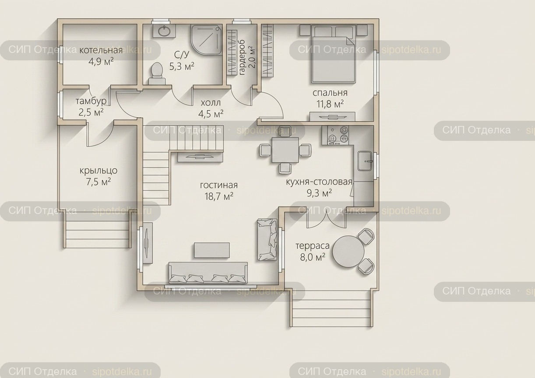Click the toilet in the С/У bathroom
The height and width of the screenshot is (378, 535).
[157, 73]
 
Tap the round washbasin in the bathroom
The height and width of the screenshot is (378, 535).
[164, 31]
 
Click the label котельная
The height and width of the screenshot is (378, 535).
[101, 50]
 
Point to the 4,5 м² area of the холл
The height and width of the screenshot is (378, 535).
[211, 114]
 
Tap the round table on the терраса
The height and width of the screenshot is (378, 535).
[348, 251]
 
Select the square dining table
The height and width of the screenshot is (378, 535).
[285, 150]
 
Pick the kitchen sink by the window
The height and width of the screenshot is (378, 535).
[365, 161]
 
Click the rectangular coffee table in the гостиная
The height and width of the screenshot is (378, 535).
[212, 250]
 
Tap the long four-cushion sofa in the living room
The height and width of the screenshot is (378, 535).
[208, 273]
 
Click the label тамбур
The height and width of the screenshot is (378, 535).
[91, 101]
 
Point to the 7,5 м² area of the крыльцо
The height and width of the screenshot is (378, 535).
[99, 182]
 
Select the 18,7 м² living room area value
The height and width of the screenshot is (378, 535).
[219, 196]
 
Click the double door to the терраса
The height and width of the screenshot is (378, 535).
[326, 220]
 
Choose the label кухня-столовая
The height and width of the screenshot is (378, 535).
[319, 182]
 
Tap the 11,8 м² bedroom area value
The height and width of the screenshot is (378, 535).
[330, 104]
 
